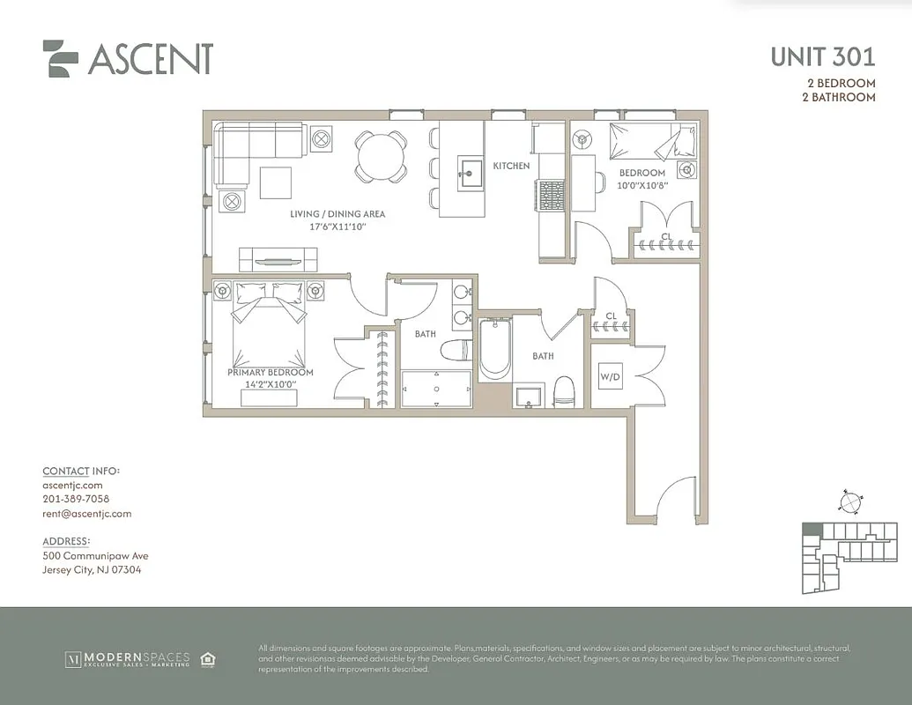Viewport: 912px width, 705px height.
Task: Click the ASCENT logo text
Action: pyautogui.click(x=150, y=59)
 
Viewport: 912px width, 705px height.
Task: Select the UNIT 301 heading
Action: pyautogui.click(x=822, y=57)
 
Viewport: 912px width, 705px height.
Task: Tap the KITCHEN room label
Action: pyautogui.click(x=511, y=166)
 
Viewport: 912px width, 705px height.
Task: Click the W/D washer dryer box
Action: pyautogui.click(x=610, y=378)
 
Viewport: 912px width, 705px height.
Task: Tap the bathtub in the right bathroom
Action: pyautogui.click(x=495, y=350)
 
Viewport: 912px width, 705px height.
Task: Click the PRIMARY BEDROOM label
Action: pyautogui.click(x=271, y=373)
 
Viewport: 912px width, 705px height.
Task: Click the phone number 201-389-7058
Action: pyautogui.click(x=76, y=499)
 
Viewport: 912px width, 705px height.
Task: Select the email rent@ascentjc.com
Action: pyautogui.click(x=86, y=514)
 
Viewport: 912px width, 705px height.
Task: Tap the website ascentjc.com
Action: pyautogui.click(x=72, y=485)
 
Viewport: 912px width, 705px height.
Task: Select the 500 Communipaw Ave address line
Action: pyautogui.click(x=95, y=556)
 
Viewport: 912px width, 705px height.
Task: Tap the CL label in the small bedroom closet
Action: pyautogui.click(x=667, y=236)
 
